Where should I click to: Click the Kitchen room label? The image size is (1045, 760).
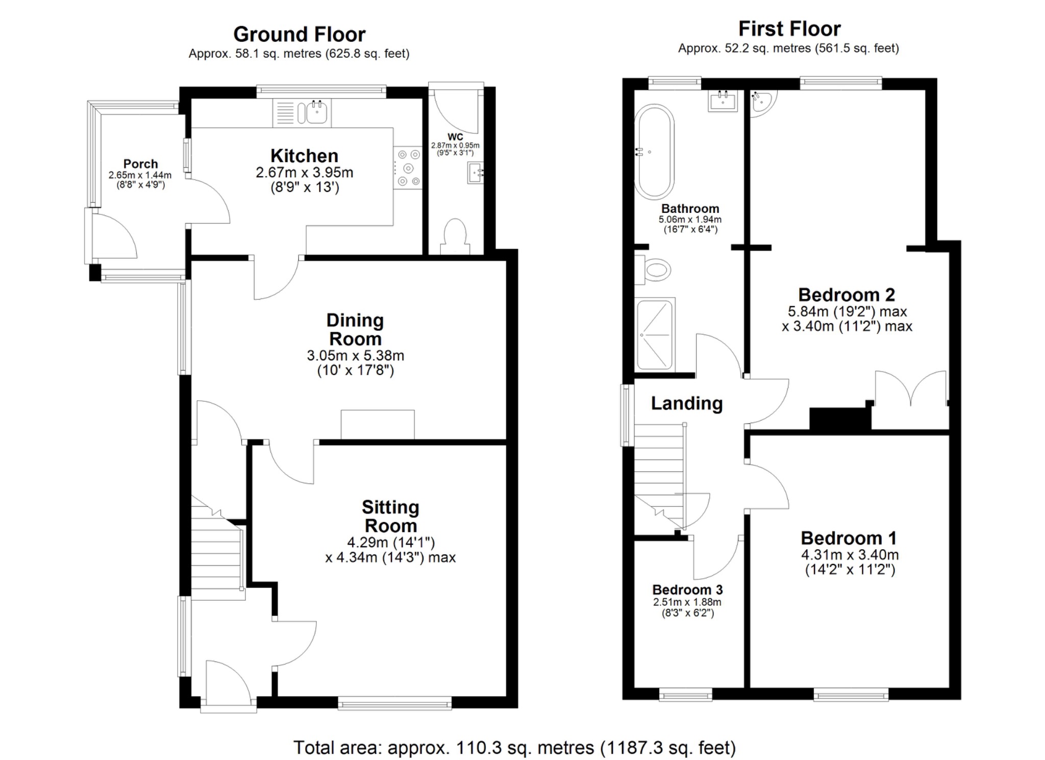[304, 156]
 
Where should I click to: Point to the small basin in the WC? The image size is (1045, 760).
[475, 173]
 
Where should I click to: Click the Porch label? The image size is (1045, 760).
[140, 164]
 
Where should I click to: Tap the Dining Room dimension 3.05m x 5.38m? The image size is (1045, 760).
[355, 356]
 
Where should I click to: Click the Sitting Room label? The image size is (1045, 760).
[390, 516]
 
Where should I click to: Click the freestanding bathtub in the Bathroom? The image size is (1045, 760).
[654, 152]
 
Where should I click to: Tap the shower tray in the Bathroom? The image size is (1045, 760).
[655, 334]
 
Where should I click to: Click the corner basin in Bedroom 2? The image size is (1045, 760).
[761, 101]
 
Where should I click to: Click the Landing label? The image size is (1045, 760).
[687, 403]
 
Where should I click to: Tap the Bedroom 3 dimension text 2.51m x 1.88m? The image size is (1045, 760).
[687, 602]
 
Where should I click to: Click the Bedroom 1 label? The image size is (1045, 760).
[849, 538]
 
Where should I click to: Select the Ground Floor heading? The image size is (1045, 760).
[300, 35]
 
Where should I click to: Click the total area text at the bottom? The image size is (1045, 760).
[514, 748]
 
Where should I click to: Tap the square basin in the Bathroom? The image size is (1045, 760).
[723, 101]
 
